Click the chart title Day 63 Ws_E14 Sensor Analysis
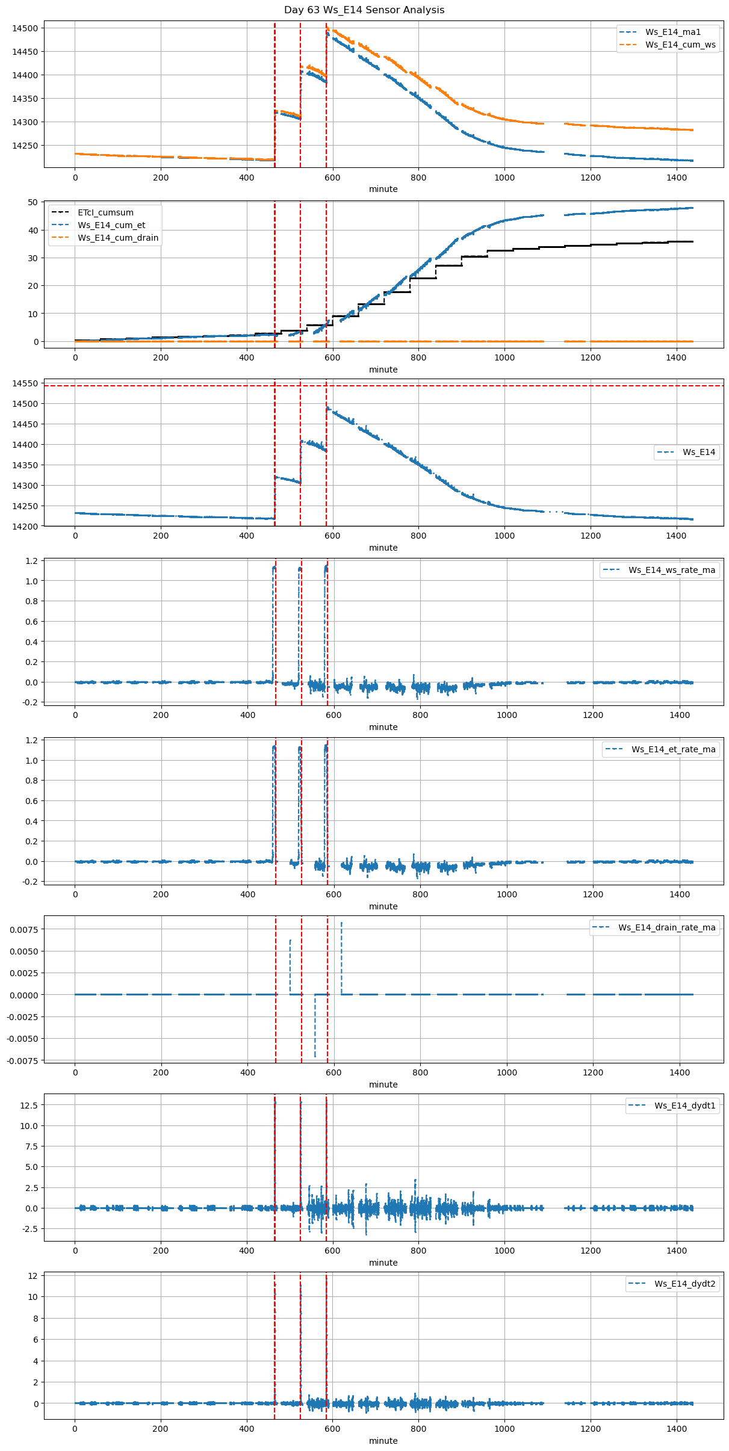(364, 10)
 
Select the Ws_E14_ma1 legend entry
(672, 32)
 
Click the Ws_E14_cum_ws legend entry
(680, 45)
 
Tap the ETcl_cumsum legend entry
(105, 212)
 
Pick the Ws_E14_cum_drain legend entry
(118, 238)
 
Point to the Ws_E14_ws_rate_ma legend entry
(672, 570)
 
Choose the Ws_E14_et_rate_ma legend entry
(673, 749)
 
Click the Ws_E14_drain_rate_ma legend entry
(666, 927)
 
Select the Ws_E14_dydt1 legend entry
(684, 1106)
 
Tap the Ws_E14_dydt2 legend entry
(684, 1284)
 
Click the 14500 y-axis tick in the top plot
(25, 28)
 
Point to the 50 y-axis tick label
(33, 202)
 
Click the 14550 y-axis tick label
(25, 383)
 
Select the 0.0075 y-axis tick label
(23, 930)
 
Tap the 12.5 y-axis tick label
(28, 1106)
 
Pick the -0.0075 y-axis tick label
(22, 1061)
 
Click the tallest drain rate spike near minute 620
(341, 923)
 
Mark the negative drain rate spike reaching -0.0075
(315, 1055)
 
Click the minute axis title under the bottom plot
(383, 1441)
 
